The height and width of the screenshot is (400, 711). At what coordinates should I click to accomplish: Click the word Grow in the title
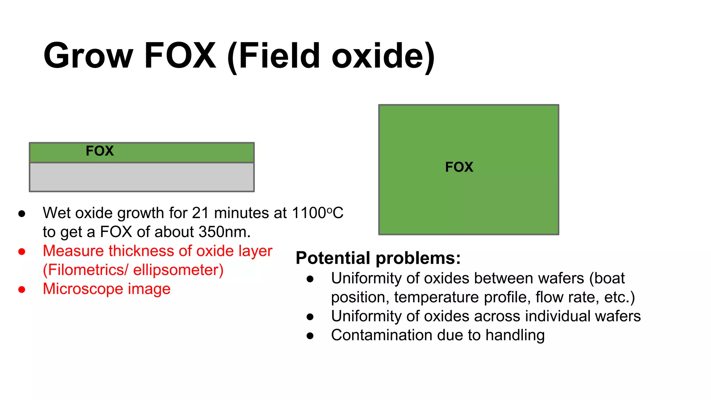[88, 56]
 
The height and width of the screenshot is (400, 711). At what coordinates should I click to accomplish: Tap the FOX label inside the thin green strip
[100, 151]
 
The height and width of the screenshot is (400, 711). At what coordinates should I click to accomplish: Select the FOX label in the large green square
[459, 167]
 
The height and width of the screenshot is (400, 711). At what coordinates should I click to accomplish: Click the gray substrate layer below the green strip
[142, 177]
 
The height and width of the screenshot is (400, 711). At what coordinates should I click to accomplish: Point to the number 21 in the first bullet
[200, 213]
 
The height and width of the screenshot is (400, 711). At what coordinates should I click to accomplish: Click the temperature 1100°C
[317, 213]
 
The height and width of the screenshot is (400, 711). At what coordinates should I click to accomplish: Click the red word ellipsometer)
[178, 270]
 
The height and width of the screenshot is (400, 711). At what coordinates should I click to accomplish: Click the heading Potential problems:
[378, 258]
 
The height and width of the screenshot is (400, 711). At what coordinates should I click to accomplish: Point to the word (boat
[607, 278]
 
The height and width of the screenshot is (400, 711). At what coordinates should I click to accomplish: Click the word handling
[515, 335]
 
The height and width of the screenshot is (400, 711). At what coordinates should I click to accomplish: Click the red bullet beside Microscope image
[22, 289]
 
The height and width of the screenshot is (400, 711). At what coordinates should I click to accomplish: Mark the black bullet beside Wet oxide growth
[22, 214]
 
